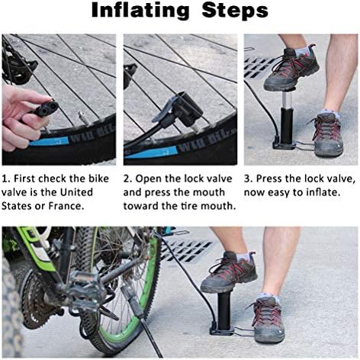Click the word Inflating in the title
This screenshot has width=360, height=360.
tap(140, 11)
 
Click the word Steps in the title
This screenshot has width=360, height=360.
tap(235, 11)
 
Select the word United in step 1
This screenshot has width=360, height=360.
tap(76, 192)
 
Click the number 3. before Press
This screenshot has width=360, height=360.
tap(249, 178)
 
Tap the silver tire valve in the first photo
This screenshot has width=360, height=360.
tap(84, 117)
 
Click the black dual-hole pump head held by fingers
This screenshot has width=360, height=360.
tap(45, 109)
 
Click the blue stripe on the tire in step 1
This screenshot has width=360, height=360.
tap(49, 141)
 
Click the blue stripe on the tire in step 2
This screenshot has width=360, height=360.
tap(152, 153)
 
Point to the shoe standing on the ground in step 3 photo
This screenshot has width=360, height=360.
tap(327, 134)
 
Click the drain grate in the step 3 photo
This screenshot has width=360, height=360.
tap(259, 67)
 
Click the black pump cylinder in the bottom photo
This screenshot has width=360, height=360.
tap(224, 310)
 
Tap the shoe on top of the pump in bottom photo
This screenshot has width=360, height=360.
tap(228, 273)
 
